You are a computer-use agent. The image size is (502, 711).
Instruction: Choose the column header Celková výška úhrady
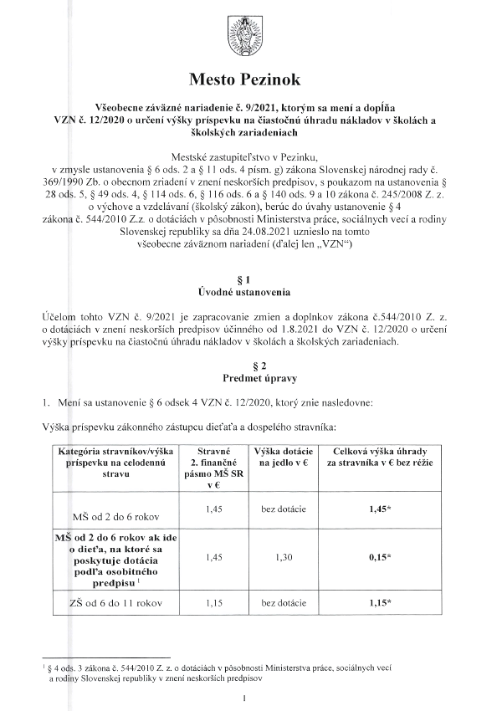(x=384, y=456)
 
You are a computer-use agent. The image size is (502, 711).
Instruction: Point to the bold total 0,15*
(x=384, y=556)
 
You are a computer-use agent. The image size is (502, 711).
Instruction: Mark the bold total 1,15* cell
(x=384, y=601)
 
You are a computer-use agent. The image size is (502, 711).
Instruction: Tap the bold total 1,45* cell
(x=384, y=508)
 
